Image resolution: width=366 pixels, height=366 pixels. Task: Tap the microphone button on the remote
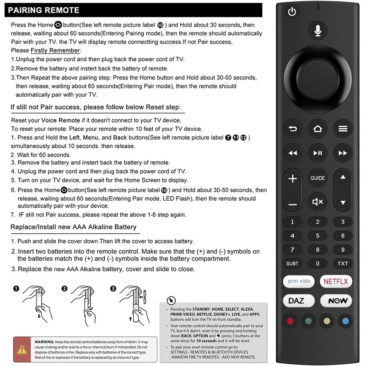tap(318, 31)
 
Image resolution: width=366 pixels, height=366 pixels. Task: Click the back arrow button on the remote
tap(292, 129)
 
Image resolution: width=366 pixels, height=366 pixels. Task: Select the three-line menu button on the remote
tap(343, 129)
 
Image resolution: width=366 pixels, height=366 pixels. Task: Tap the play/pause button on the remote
tap(318, 152)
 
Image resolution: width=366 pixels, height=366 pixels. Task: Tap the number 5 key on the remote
tap(318, 236)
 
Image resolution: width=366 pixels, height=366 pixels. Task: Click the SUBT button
tap(292, 264)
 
